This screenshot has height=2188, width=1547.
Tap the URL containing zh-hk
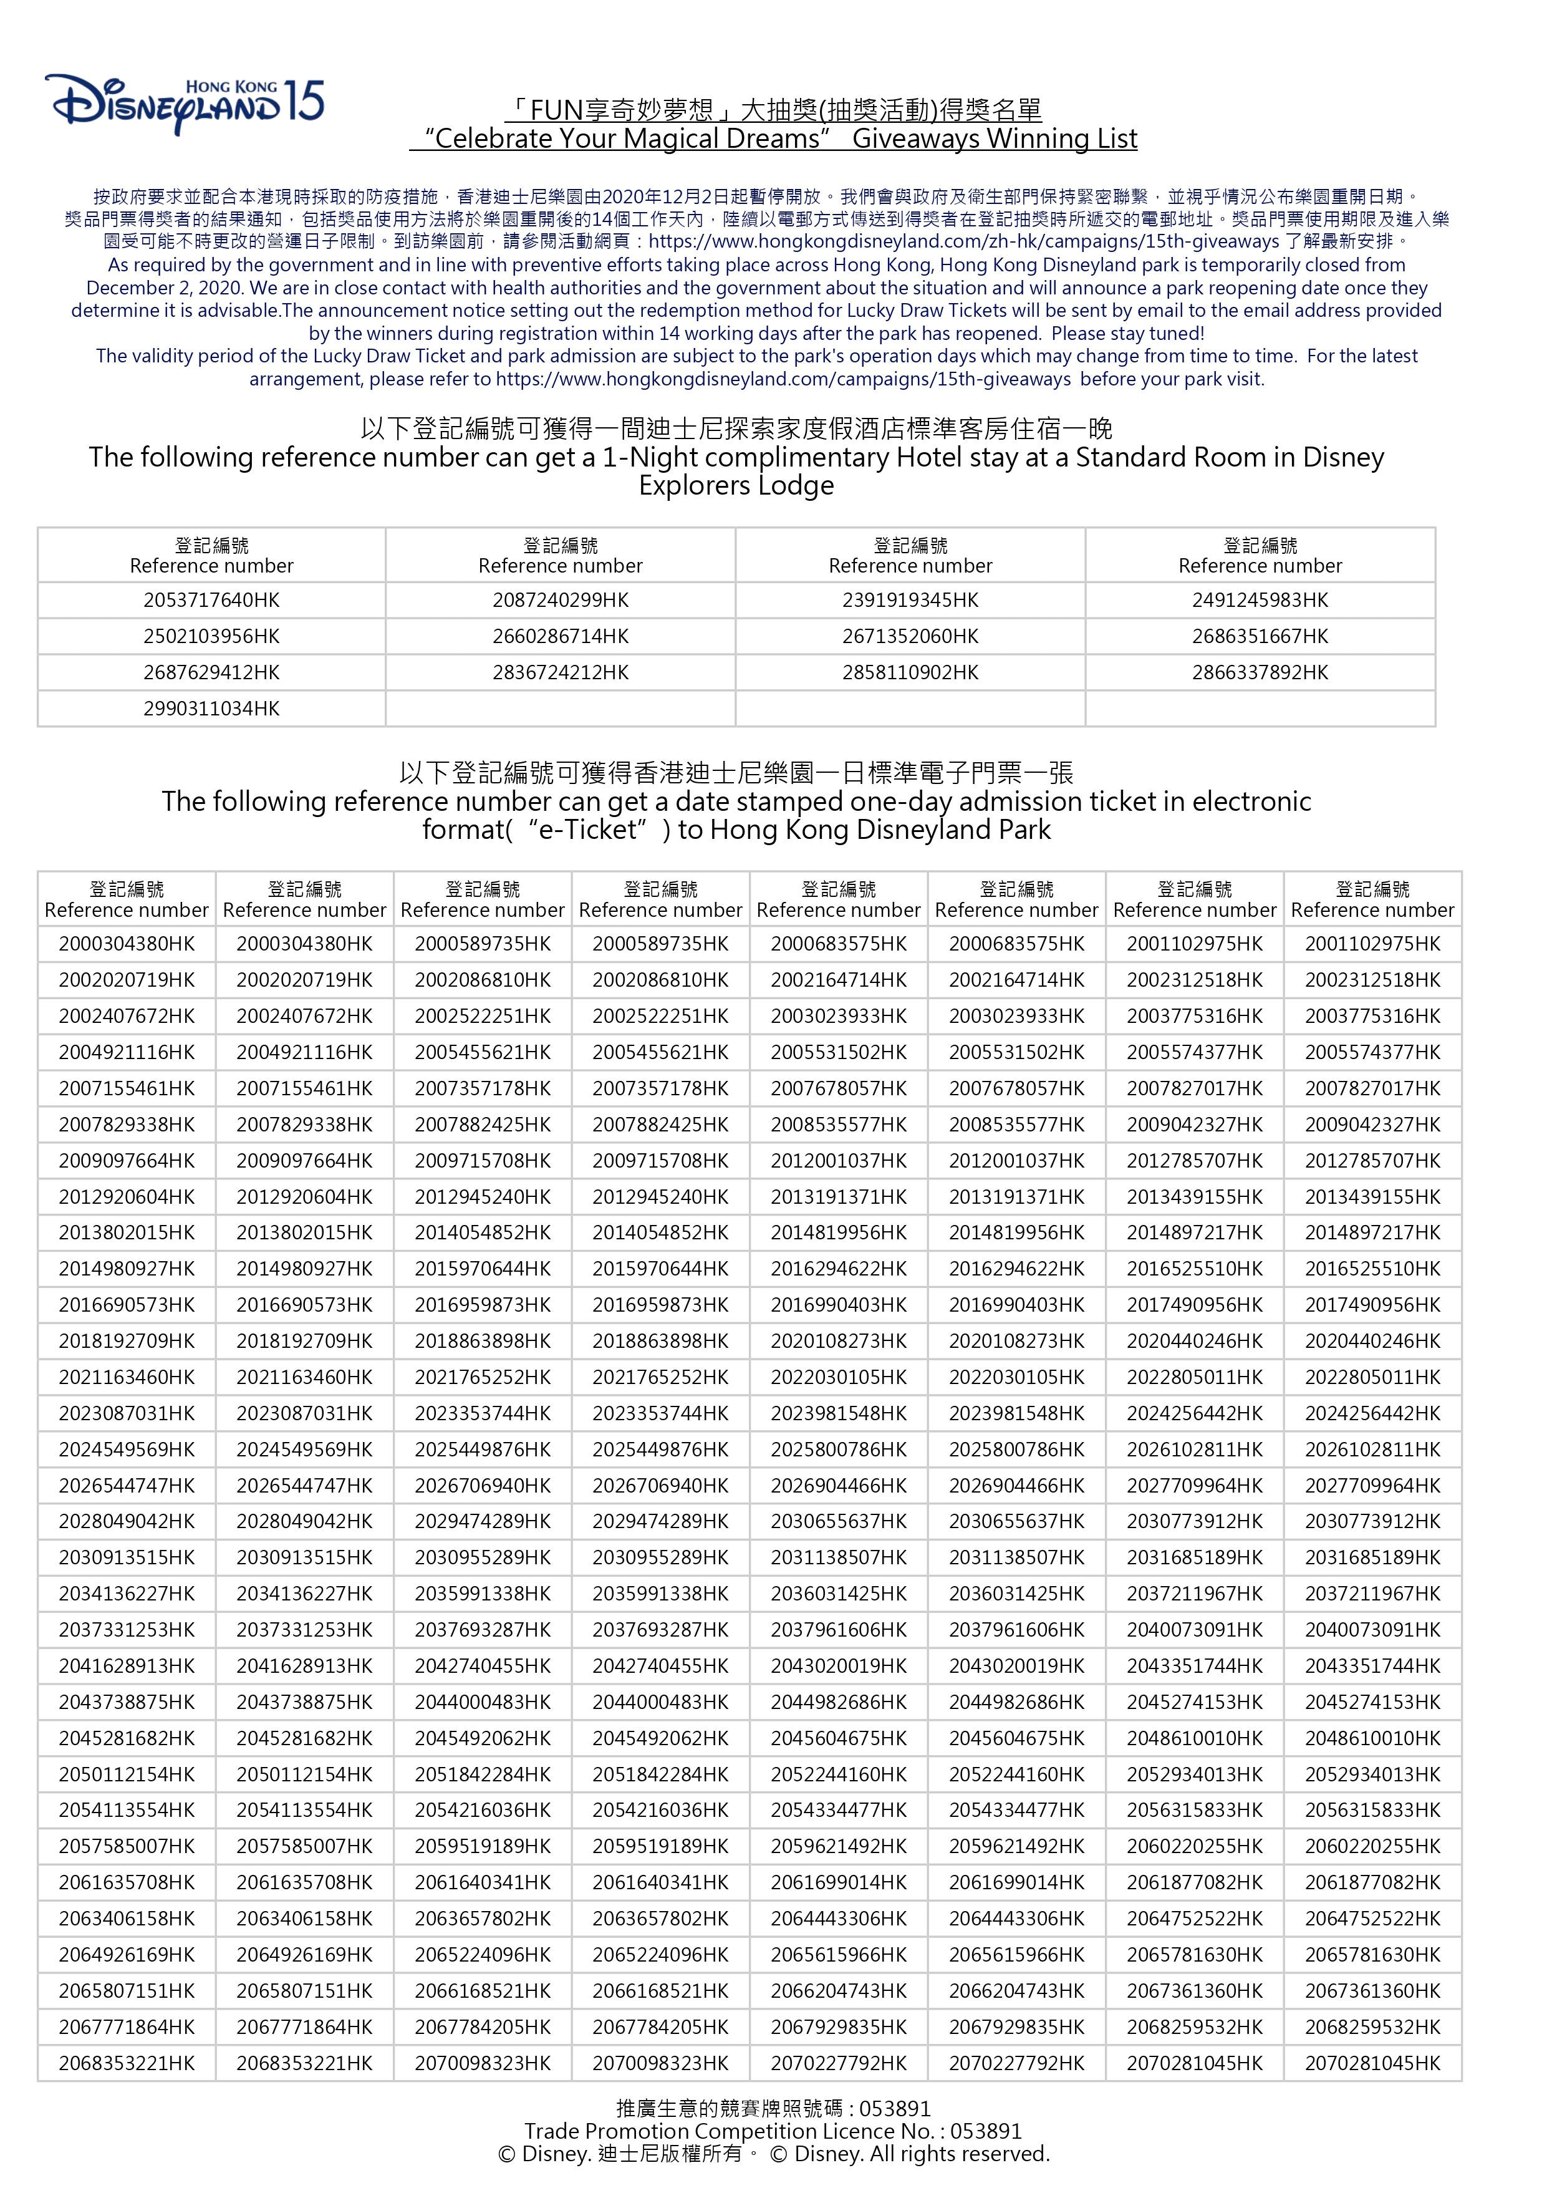tap(963, 242)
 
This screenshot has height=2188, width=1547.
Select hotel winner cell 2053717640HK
tap(211, 601)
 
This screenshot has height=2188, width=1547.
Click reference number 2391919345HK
tap(910, 601)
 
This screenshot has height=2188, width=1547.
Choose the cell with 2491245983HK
tap(1260, 601)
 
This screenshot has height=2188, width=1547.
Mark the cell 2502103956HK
tap(211, 637)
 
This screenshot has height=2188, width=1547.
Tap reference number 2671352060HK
tap(910, 637)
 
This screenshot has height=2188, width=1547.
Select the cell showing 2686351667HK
tap(1260, 637)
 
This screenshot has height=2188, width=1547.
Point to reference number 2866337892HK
tap(1260, 673)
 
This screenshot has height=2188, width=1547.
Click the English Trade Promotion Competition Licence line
tap(773, 2131)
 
